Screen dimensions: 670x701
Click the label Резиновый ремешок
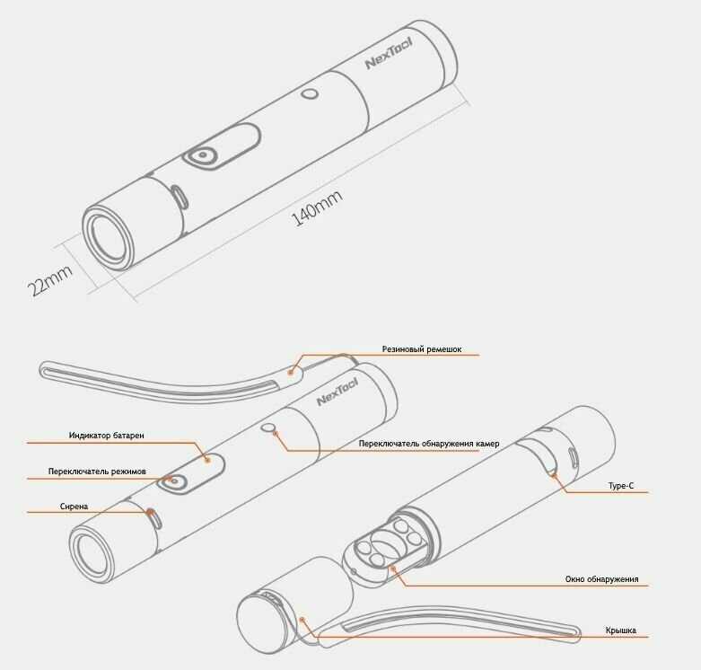[x=422, y=349]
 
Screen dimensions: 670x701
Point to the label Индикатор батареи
[x=106, y=436]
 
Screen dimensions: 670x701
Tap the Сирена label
[x=74, y=507]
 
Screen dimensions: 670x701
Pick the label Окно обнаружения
[x=601, y=579]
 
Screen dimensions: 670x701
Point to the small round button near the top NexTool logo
[x=310, y=94]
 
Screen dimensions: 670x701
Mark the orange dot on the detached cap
[x=302, y=619]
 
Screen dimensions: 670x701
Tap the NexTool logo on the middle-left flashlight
[x=337, y=391]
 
